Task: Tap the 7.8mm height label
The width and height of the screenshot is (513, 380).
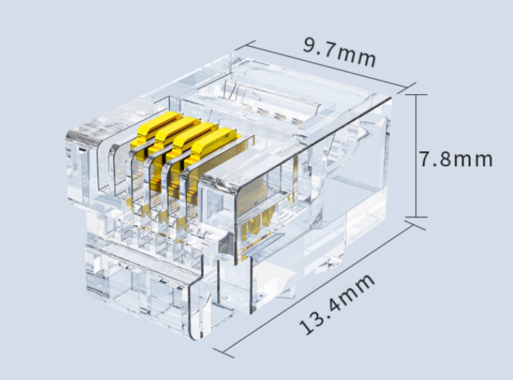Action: pos(456,159)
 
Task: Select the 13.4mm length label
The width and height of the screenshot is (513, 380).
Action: pos(336,304)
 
